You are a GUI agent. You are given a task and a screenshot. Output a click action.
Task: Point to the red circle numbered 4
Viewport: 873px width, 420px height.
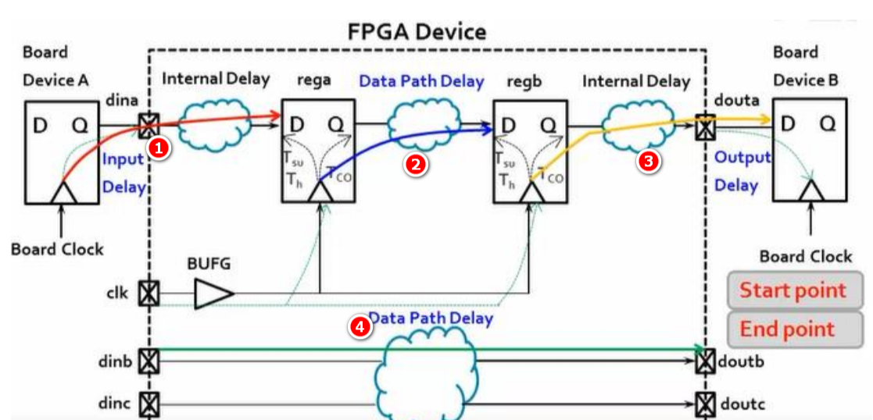coord(360,328)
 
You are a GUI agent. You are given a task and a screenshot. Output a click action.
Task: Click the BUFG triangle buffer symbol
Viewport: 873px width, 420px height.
coord(213,294)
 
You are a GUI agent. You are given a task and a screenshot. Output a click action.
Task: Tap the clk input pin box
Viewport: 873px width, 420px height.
coord(147,294)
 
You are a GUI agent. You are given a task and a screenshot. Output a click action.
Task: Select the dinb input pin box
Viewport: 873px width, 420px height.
coord(147,361)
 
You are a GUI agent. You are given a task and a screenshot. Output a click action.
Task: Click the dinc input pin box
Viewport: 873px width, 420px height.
coord(147,404)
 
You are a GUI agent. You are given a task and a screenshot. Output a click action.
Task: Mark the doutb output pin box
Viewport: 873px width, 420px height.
coord(705,361)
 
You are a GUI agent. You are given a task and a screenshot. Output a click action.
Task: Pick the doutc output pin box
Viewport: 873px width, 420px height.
coord(705,404)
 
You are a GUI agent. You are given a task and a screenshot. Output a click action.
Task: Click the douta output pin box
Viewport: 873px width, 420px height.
coord(705,126)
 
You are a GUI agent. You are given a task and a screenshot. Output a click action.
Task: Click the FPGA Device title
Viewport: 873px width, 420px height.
coord(417,31)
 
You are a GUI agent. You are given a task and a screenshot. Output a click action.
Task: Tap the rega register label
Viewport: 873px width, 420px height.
coord(314,80)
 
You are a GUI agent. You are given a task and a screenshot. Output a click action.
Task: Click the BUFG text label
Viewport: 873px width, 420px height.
coord(209,264)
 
